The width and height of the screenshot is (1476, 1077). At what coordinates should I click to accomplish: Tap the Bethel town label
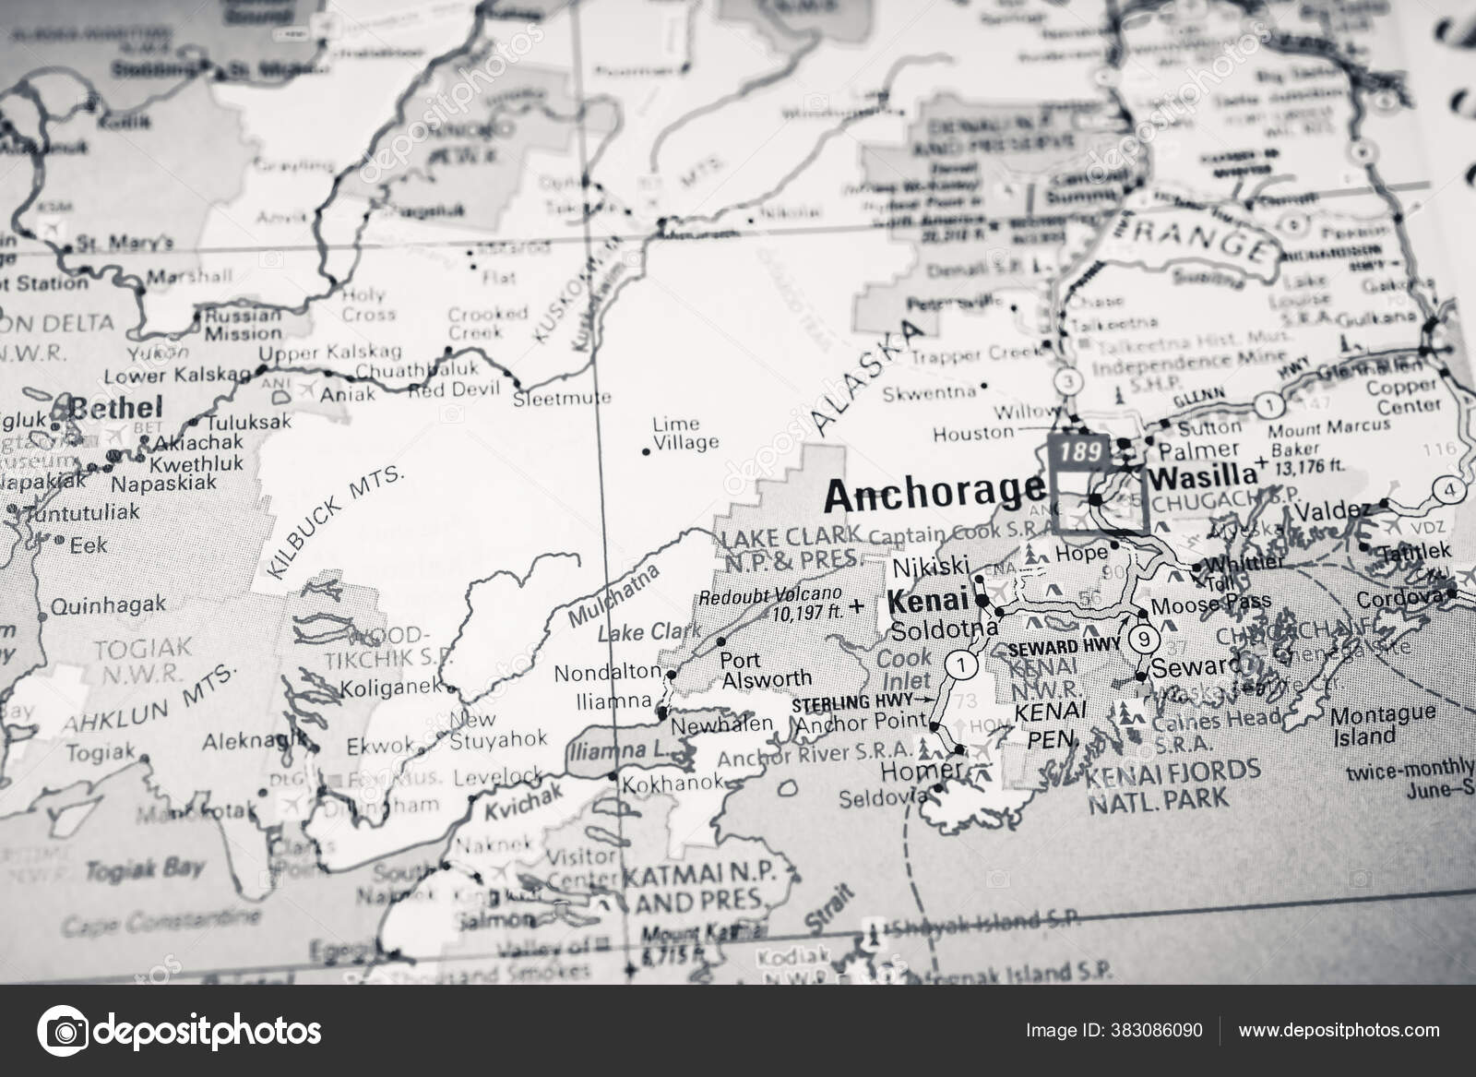pyautogui.click(x=116, y=407)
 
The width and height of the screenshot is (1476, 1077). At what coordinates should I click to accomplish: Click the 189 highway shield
pyautogui.click(x=1080, y=452)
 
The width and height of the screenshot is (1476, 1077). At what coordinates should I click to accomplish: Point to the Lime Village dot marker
pyautogui.click(x=646, y=451)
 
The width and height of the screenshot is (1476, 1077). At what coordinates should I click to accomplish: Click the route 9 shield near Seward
pyautogui.click(x=1144, y=638)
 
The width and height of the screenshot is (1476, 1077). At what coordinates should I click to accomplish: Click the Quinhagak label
pyautogui.click(x=107, y=605)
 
